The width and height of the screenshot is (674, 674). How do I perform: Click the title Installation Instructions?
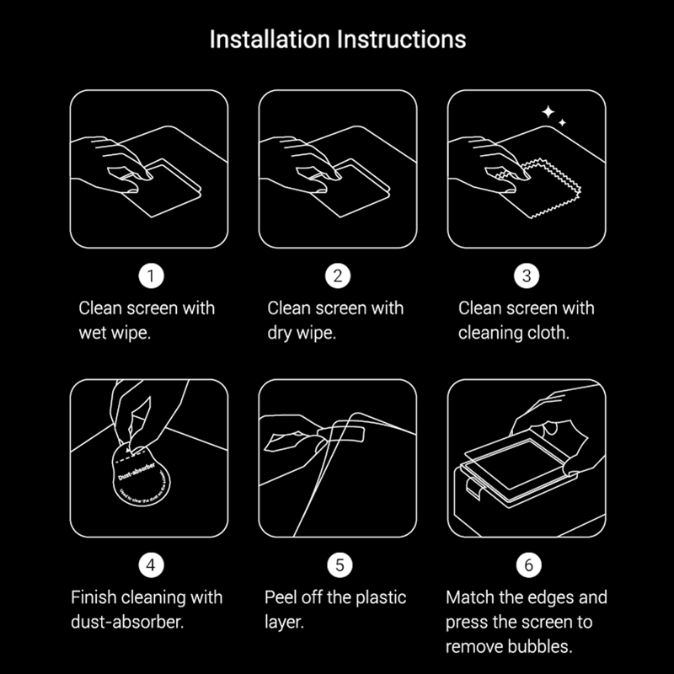coord(337,40)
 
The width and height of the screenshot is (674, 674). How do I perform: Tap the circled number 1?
coord(150,275)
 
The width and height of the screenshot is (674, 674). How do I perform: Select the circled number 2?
coord(338,275)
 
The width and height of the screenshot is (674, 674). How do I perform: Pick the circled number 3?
coord(527,275)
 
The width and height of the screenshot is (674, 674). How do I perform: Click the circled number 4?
coord(150,565)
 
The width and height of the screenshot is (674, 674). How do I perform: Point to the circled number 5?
coord(338,565)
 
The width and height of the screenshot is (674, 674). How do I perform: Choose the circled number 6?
coord(527,565)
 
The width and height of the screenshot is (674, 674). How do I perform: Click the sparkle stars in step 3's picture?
coord(553,116)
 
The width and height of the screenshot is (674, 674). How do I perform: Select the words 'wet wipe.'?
coord(115,333)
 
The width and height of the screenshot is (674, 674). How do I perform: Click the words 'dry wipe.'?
coord(302,333)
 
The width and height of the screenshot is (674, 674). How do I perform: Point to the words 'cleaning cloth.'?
coord(514,333)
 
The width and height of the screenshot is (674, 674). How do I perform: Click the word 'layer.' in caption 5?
coord(284,623)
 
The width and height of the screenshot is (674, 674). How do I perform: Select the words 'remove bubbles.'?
coord(509,648)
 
